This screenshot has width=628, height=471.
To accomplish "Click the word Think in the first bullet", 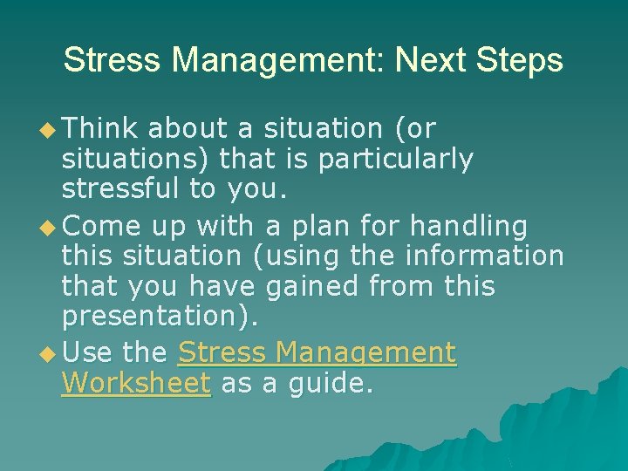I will (x=100, y=128).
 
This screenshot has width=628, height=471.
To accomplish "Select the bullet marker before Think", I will (x=51, y=129).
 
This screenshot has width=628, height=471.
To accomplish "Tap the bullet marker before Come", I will (x=51, y=227).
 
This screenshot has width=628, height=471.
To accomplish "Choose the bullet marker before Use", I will (x=51, y=353).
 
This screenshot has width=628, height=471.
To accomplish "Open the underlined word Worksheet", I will (x=136, y=384).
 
